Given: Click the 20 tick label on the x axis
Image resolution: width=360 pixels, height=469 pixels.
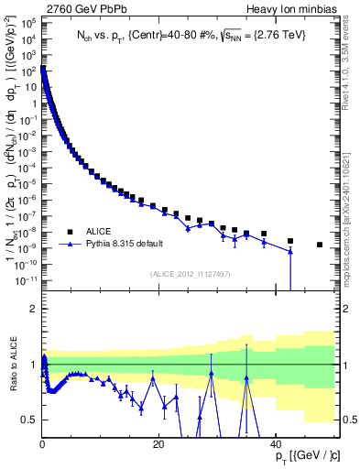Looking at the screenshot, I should pos(159,445).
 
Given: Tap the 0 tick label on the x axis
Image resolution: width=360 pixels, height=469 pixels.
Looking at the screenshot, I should pos(43,445).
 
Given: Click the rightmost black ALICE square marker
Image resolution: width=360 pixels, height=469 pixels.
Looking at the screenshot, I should pos(320,245).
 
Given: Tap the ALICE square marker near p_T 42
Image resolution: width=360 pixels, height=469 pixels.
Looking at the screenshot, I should pos(290,241).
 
